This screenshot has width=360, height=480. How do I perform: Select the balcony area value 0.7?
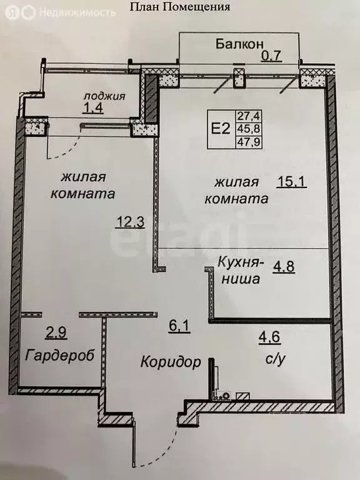[x=272, y=56]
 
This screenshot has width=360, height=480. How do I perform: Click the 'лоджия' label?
[x=106, y=96]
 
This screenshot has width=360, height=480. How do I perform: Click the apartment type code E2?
[x=220, y=129]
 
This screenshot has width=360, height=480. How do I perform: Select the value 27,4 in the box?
[x=245, y=116]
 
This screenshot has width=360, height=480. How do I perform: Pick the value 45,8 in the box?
[x=245, y=129]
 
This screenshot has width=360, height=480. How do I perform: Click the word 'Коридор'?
[x=171, y=361]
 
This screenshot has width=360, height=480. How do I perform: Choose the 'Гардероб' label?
[x=60, y=355]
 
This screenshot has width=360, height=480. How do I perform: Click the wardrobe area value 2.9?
[x=56, y=332]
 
